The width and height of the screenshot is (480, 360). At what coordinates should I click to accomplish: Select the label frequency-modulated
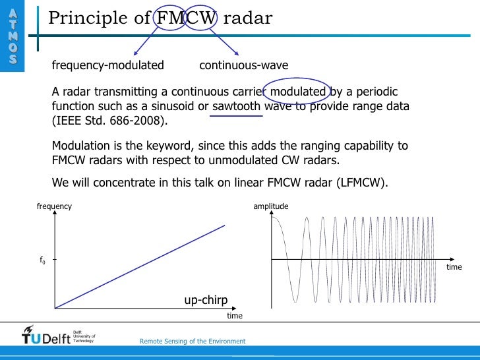tap(107, 65)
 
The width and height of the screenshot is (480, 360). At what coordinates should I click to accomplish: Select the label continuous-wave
tap(243, 65)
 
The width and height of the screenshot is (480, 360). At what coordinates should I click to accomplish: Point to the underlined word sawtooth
tap(237, 106)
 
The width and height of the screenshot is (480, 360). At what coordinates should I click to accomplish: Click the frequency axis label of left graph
tap(54, 206)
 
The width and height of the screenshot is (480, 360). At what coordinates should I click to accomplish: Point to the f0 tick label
tap(43, 260)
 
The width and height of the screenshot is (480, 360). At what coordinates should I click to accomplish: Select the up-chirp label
tap(206, 301)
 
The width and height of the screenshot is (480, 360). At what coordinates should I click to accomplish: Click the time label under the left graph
tap(235, 316)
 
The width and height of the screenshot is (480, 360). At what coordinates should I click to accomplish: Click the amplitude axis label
tap(271, 206)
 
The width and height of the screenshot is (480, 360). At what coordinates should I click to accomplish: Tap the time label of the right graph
tap(454, 268)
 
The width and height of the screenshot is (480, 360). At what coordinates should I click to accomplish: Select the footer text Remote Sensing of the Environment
tap(193, 342)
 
